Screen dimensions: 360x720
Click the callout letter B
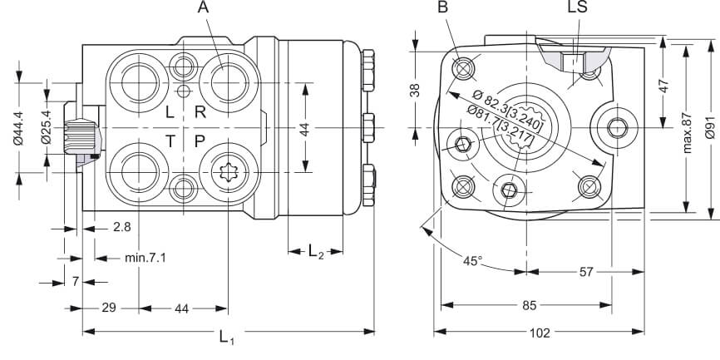pyautogui.click(x=443, y=8)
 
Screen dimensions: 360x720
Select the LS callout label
pyautogui.click(x=578, y=8)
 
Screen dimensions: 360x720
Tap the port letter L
pyautogui.click(x=170, y=112)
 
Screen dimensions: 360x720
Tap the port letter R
pyautogui.click(x=200, y=112)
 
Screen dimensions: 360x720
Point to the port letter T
pyautogui.click(x=170, y=141)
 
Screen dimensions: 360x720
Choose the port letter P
pyautogui.click(x=200, y=141)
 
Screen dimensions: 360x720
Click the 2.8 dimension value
pyautogui.click(x=121, y=227)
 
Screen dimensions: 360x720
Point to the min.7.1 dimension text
pyautogui.click(x=145, y=258)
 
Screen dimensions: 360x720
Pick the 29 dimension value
pyautogui.click(x=108, y=308)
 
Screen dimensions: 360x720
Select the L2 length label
pyautogui.click(x=316, y=253)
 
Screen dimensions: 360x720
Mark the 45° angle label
pyautogui.click(x=472, y=260)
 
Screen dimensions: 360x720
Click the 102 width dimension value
pyautogui.click(x=540, y=333)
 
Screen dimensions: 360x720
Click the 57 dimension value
pyautogui.click(x=585, y=271)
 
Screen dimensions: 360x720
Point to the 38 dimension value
pyautogui.click(x=416, y=89)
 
